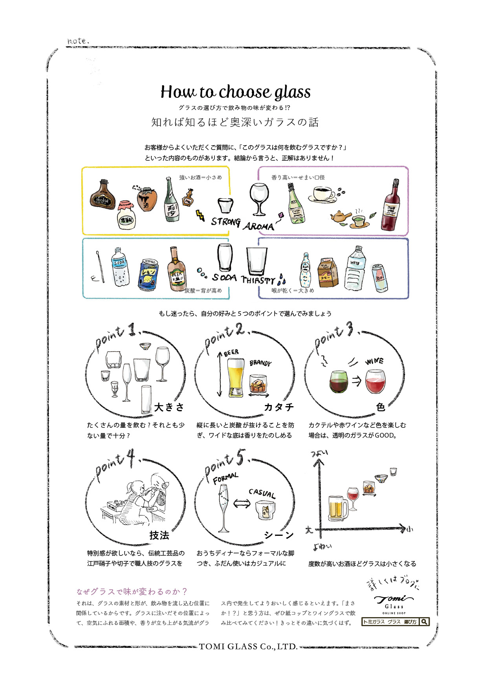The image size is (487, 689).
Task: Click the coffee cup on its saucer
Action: click(322, 194)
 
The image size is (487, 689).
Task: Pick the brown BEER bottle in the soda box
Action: click(176, 269)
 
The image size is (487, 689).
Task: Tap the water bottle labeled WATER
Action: click(355, 269)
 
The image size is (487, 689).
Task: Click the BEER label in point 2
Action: click(231, 353)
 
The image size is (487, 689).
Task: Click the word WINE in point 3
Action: click(374, 361)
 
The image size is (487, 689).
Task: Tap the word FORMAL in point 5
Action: click(225, 478)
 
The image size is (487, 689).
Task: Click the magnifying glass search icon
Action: click(424, 621)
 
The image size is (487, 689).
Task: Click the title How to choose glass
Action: click(235, 92)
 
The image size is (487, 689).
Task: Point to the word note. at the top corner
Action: click(78, 41)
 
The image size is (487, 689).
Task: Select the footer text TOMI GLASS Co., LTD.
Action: click(248, 647)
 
